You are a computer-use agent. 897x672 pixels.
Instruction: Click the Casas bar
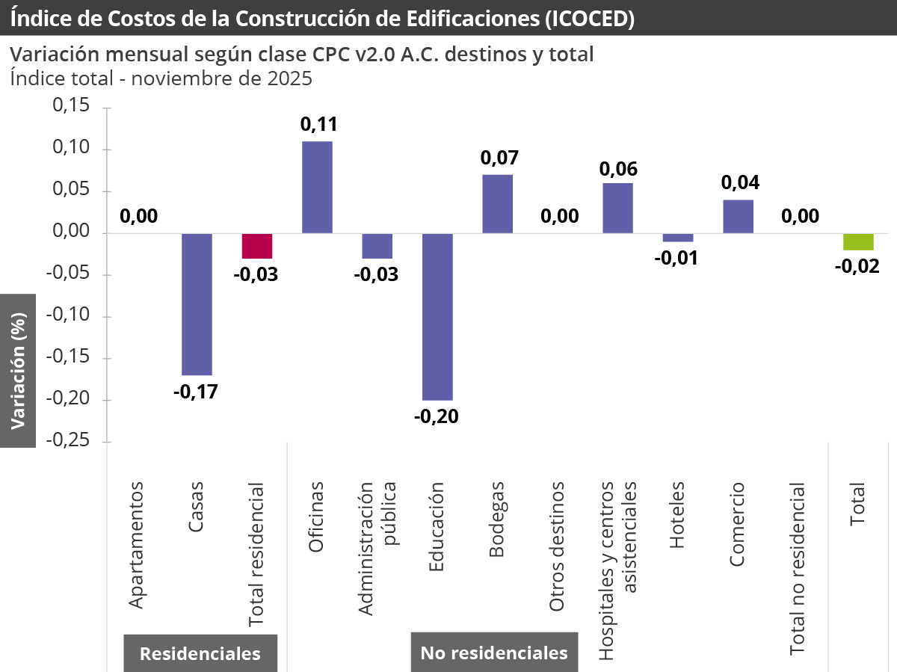(x=197, y=303)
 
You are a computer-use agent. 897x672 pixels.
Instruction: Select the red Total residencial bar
(x=257, y=246)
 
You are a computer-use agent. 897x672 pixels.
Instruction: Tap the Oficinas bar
(x=317, y=187)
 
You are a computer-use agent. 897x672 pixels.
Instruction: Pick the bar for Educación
(x=437, y=316)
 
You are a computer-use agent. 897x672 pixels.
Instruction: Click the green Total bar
(x=858, y=241)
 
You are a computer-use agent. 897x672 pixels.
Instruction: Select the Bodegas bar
(x=497, y=203)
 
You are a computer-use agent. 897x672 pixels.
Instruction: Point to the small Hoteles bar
(x=678, y=238)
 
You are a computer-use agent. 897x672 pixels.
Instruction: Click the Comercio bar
(x=738, y=217)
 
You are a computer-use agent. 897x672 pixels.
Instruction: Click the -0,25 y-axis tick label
(x=69, y=441)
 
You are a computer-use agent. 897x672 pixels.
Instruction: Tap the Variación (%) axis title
(x=18, y=370)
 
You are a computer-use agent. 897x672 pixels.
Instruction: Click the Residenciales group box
(x=200, y=653)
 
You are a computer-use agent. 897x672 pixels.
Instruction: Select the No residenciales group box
(x=494, y=653)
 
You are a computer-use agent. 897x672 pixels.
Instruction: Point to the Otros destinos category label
(x=557, y=547)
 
